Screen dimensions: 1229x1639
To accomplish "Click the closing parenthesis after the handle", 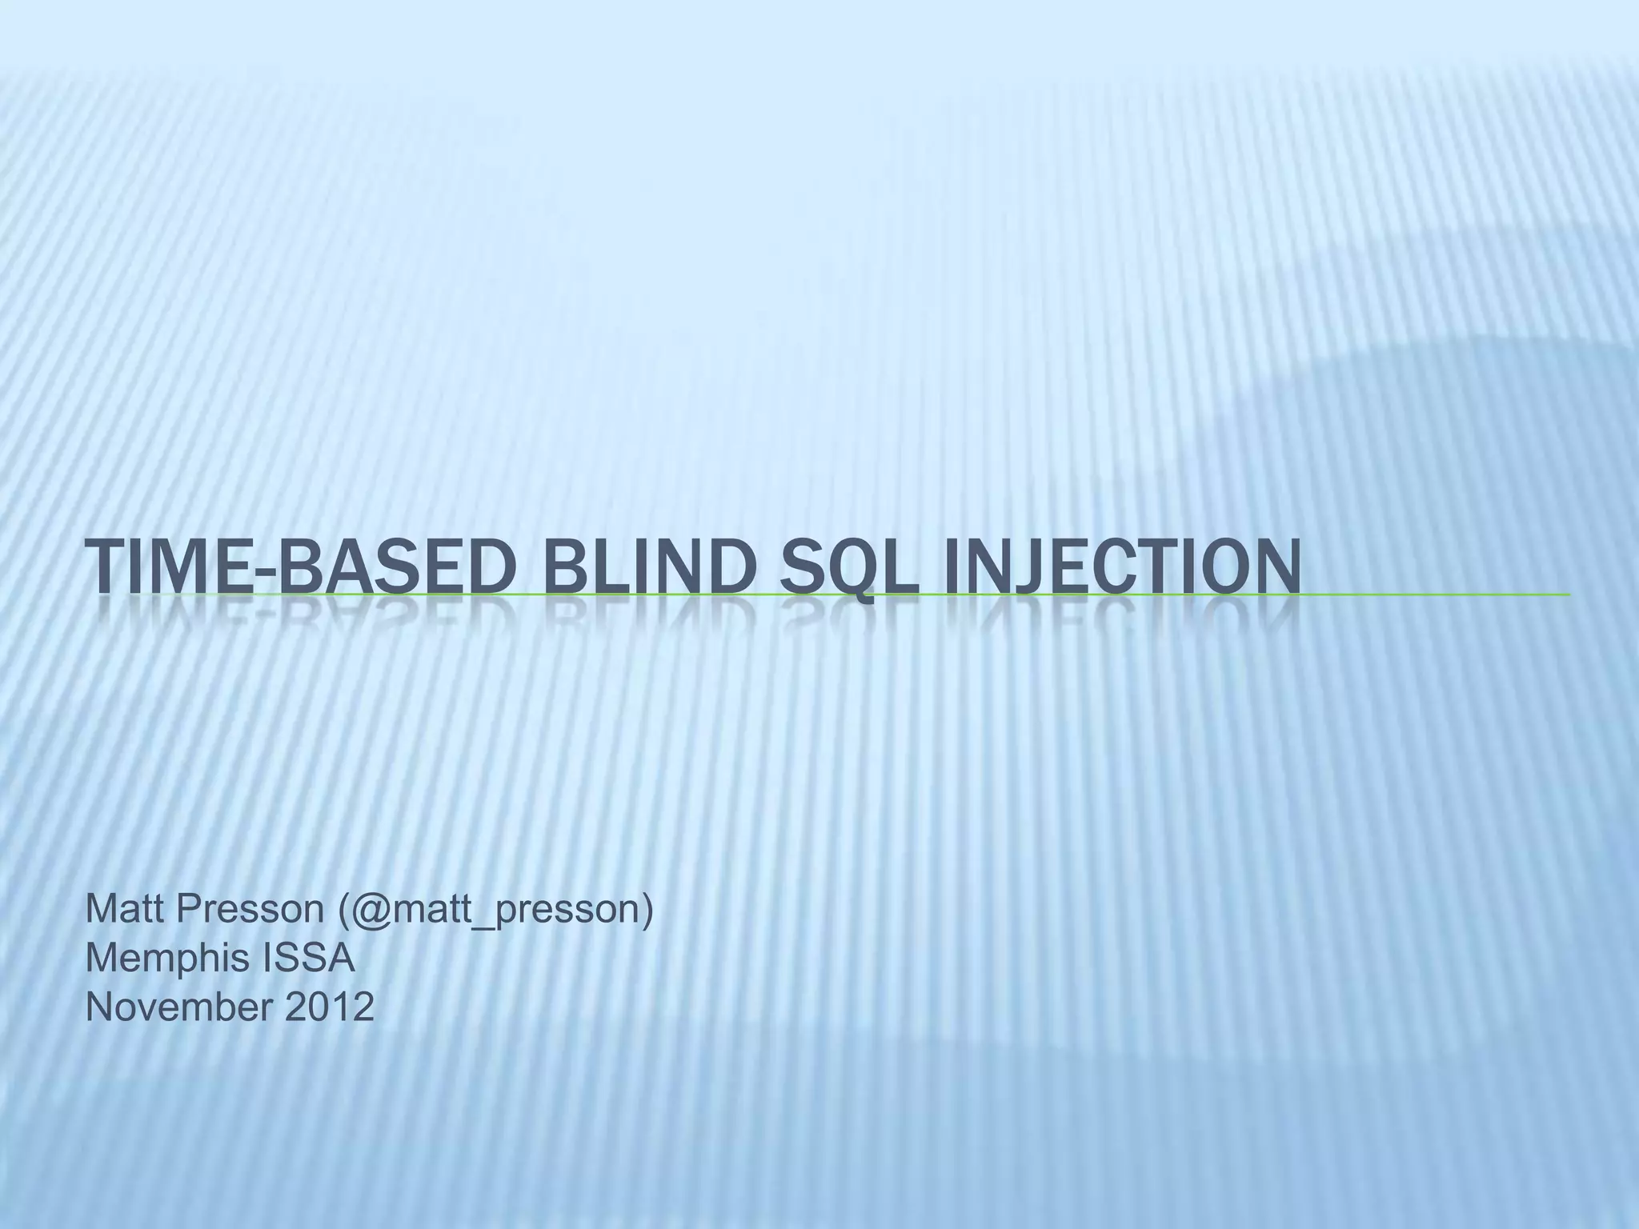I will (x=647, y=910).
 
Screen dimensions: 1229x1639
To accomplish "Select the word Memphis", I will (x=157, y=958).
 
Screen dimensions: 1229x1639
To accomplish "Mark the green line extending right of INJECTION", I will (x=1433, y=594).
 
